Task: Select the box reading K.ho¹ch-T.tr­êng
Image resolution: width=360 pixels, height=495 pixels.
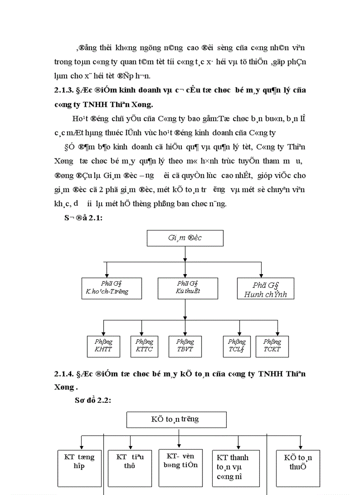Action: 112,288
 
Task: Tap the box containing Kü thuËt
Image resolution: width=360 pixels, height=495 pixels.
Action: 187,288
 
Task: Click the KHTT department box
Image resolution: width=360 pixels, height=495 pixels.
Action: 103,346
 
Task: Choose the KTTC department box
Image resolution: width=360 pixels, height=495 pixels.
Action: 144,346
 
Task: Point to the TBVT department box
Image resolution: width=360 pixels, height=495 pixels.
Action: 185,346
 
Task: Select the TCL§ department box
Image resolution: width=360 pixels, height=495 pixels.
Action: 237,346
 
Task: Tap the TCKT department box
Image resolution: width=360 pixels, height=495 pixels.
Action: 272,346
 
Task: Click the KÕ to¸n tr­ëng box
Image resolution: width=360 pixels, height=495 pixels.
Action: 176,420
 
